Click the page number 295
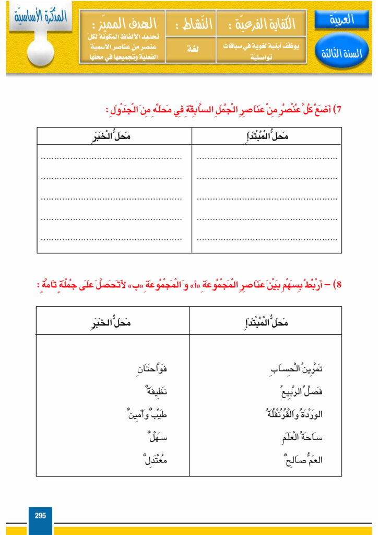click(x=40, y=516)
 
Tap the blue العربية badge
click(x=342, y=20)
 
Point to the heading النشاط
click(x=190, y=24)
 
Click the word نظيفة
click(x=156, y=392)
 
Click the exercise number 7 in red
click(x=337, y=110)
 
